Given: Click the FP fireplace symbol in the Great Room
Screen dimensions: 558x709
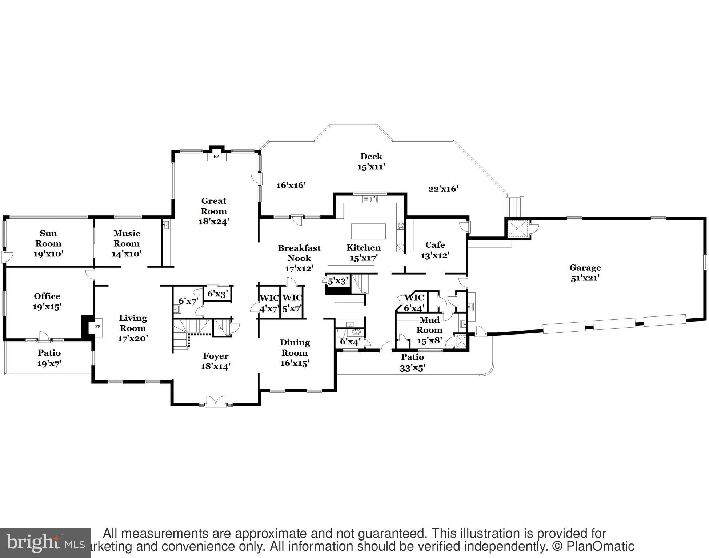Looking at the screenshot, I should pos(216,157).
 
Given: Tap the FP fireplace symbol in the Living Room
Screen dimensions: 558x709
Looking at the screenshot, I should pos(97,326).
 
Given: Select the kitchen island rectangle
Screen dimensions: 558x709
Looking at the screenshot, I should pos(368,231).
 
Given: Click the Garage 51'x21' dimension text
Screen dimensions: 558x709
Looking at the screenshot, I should pos(585,278).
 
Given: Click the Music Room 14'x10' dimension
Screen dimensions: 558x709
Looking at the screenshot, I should pos(126,254).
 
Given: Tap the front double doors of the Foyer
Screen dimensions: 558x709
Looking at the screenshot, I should pos(216,401).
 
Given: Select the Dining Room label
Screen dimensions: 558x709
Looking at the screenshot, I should pos(295,348).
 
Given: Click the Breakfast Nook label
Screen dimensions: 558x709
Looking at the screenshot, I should pos(299,253).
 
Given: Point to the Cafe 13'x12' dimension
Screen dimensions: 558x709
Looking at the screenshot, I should pos(435,255).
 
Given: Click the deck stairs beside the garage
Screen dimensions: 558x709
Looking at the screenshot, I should pos(515,206).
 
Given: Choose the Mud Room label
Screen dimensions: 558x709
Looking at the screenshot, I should pos(429,325).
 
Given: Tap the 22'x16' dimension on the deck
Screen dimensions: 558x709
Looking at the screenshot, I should pos(443,189).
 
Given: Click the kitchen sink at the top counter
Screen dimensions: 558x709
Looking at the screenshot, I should pos(370,199).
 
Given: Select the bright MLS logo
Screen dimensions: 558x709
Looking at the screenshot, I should pos(45,543).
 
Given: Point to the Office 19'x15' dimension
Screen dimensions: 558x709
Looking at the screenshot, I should pos(47,307).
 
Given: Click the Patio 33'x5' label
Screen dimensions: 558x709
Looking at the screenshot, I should pos(412,362).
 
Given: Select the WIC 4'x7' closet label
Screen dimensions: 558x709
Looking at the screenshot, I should pos(269,304).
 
